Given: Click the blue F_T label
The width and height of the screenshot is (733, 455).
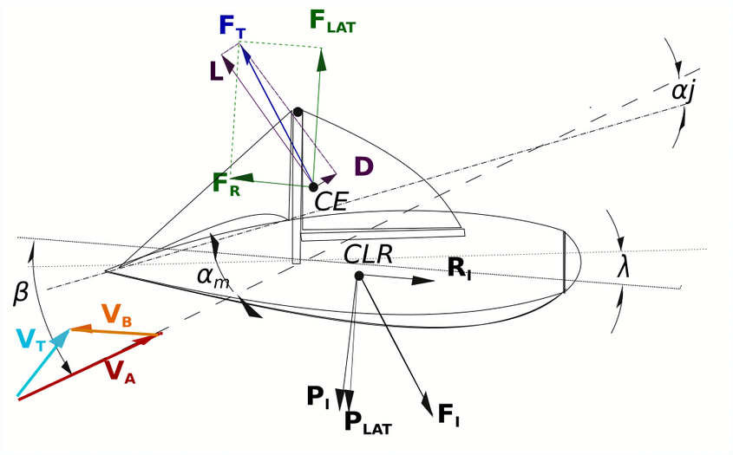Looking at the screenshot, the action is pos(232,27).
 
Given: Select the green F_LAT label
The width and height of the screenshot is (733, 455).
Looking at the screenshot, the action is pos(332,21).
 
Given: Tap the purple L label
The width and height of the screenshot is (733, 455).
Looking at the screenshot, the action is pos(216,71).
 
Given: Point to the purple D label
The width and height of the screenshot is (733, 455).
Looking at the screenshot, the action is pos(364,166).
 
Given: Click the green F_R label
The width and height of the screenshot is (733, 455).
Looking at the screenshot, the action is pos(226,184).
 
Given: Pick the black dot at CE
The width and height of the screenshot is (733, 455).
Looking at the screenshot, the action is pos(314,187).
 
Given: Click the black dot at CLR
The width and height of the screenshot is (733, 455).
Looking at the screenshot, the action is pos(359,276).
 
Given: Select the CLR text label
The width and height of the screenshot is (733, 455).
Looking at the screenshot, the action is pos(368,254).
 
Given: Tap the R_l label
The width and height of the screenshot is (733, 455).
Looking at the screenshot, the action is pos(459,269).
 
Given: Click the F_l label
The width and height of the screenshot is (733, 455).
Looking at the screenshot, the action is pos(448,415).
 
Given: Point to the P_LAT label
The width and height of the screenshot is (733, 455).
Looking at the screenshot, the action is pos(368,423).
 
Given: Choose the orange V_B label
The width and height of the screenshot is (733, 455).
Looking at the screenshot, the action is pos(117,315).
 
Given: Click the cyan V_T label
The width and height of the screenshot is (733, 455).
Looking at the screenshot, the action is pos(31,340).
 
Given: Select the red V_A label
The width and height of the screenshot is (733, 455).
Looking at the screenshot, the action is pos(120,372).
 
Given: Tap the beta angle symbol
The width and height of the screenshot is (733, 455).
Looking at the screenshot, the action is pos(20,295).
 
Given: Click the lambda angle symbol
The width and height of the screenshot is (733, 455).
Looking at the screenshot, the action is pos(623,268).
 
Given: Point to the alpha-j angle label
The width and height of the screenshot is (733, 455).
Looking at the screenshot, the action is pos(684,92).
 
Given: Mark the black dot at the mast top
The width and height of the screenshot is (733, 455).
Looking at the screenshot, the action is pos(298,112).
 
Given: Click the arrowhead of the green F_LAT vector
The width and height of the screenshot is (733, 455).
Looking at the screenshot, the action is pos(321,60).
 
